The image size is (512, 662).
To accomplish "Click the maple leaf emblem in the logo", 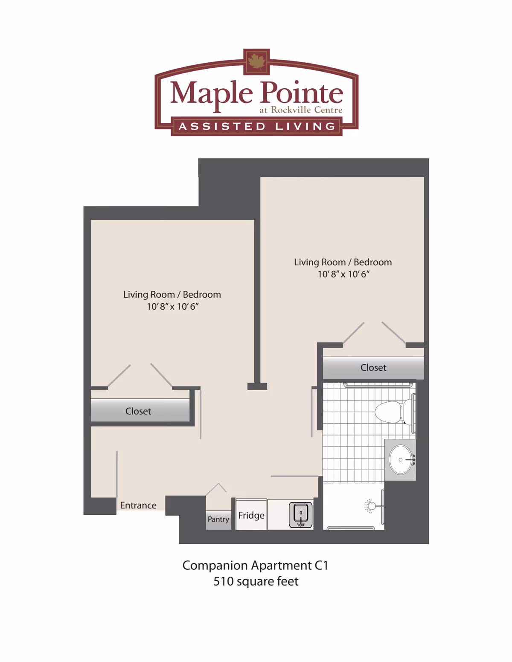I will [256, 61].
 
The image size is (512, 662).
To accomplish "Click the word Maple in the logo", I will [212, 93].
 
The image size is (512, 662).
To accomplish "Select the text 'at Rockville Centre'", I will [301, 110].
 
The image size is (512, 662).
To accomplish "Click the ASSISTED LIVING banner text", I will [257, 127].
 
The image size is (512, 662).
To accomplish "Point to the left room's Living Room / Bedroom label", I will [172, 295].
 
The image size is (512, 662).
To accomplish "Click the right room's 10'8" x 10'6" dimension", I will [343, 274].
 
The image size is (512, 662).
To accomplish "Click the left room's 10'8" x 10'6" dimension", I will [172, 307].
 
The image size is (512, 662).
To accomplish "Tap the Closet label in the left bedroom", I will [138, 411].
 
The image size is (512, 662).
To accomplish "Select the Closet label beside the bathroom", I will [373, 368].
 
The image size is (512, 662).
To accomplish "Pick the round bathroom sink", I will [401, 460].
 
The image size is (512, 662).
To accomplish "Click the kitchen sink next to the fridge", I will [301, 514].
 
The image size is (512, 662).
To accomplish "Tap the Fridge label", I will [251, 515].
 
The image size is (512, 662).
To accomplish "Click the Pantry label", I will [218, 519].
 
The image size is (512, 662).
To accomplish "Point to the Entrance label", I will [138, 505].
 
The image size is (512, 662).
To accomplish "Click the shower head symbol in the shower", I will [371, 506].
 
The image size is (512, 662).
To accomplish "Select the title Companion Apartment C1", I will [256, 566].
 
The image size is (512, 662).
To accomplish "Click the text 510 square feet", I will [256, 581].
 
